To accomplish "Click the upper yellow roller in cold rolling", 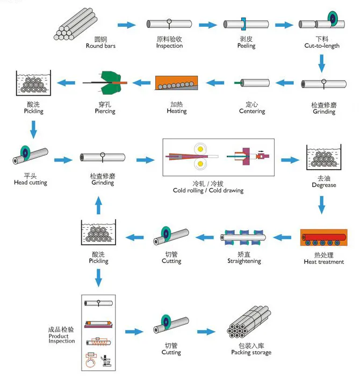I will pyautogui.click(x=201, y=148).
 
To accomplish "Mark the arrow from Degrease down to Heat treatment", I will pyautogui.click(x=322, y=205).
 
